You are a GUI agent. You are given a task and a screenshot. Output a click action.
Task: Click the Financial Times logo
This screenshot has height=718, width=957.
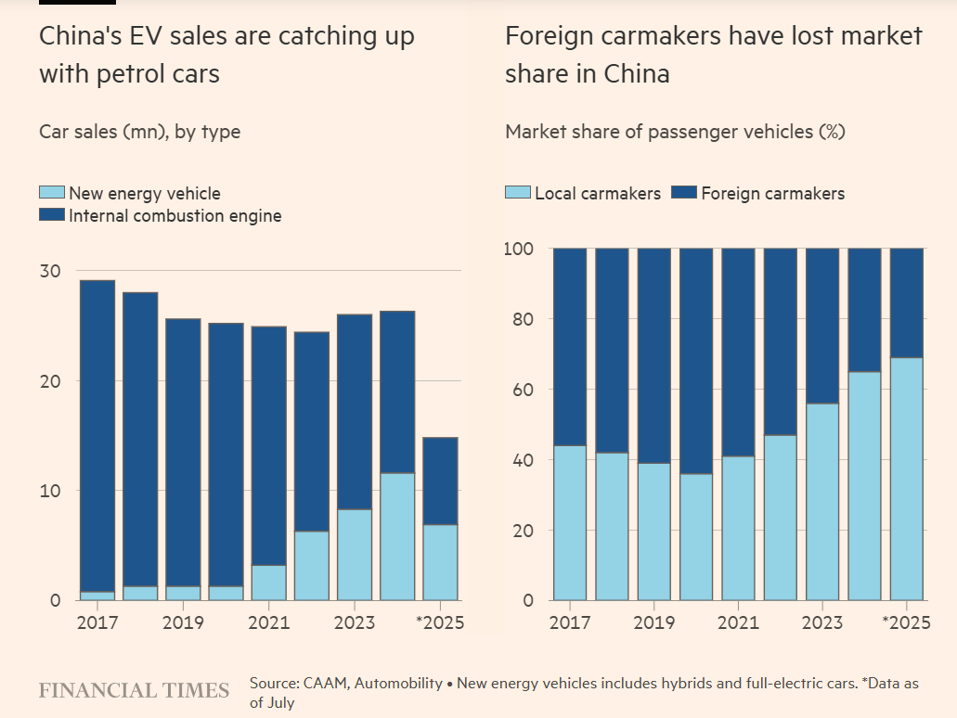click(134, 690)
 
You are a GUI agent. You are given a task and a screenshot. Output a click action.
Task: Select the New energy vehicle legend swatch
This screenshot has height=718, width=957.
click(52, 193)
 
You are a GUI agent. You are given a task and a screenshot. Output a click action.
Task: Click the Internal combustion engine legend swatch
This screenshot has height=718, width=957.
click(52, 215)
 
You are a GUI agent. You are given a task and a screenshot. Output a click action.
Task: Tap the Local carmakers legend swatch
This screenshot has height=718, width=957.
click(518, 193)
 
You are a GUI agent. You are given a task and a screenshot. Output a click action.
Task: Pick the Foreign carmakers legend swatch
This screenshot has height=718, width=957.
click(684, 193)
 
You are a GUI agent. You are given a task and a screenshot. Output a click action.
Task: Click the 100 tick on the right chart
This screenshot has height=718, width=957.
click(519, 249)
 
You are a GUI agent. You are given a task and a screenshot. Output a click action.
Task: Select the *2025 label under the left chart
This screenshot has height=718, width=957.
click(441, 622)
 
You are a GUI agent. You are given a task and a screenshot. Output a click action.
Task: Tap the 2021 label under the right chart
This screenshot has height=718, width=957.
click(738, 622)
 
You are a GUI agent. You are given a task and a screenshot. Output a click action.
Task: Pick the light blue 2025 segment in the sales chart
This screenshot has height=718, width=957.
click(440, 562)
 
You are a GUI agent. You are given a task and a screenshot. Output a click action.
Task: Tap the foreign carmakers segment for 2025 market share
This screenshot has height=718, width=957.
click(907, 302)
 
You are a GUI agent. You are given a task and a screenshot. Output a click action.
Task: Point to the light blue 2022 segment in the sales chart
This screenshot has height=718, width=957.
click(312, 565)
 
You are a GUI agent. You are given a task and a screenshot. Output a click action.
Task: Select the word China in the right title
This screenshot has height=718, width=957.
click(637, 74)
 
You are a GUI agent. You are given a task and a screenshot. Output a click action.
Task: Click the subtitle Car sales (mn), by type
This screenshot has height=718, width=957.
click(139, 132)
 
